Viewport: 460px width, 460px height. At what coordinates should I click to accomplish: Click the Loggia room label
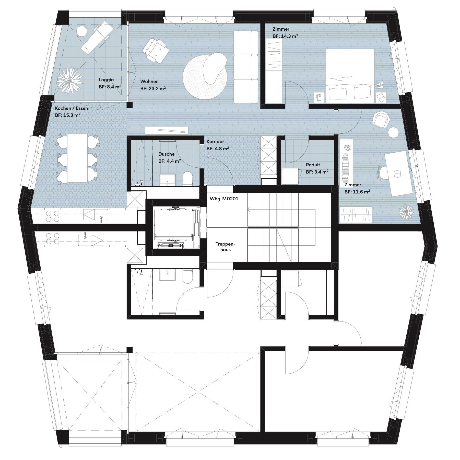click(106, 80)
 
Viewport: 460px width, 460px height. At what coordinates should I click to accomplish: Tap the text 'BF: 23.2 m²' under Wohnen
click(153, 88)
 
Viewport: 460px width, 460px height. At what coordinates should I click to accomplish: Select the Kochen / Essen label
click(72, 108)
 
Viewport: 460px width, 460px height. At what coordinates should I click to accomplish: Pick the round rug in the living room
click(205, 76)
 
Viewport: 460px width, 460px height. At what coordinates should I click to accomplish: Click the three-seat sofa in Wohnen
click(246, 67)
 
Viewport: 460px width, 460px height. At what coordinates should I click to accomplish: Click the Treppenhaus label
click(225, 247)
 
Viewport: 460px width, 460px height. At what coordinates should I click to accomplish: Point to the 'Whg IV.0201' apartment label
click(224, 199)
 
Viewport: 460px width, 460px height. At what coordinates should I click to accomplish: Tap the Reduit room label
click(313, 165)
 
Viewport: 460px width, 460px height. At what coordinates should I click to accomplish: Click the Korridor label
click(215, 141)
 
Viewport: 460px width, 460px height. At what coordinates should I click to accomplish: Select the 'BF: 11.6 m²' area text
click(357, 192)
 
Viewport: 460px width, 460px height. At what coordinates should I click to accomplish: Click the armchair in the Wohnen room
click(155, 50)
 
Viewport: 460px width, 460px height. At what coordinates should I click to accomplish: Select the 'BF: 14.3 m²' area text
click(285, 36)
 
